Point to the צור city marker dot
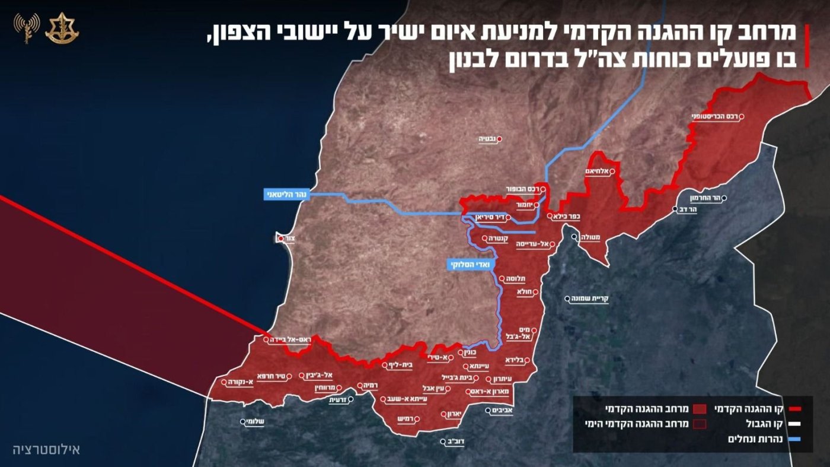280,239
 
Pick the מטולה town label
590,237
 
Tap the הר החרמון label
704,198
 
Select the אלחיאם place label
597,171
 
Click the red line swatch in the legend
794,409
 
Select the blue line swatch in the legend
794,439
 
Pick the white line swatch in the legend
794,424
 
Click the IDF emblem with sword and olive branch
62,27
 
